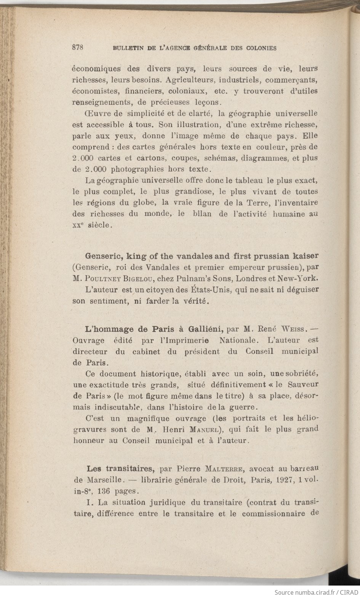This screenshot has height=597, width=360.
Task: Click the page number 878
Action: point(77,48)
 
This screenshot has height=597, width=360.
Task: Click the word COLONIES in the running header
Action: point(261,48)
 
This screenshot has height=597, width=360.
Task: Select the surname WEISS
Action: point(293,328)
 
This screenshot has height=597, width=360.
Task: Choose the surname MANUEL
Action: point(206,429)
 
